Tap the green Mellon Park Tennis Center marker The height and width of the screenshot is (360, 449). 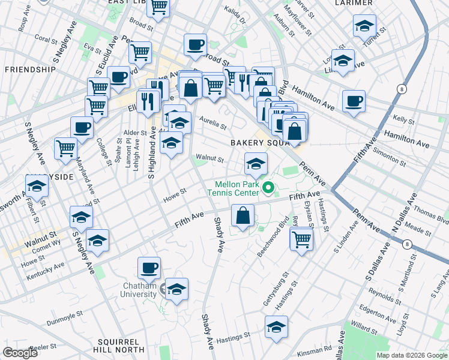tap(268, 189)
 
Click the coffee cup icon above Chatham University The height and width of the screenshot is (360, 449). tap(149, 267)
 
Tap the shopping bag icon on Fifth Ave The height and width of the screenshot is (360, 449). tap(242, 215)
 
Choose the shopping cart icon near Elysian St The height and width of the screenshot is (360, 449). tap(301, 239)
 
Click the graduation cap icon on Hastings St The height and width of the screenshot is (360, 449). tap(276, 326)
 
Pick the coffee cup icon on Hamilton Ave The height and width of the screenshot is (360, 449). tap(354, 100)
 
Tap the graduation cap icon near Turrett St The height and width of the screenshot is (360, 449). tap(364, 26)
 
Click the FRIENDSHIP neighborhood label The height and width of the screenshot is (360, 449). tap(30, 70)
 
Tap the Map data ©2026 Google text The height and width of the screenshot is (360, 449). tap(411, 355)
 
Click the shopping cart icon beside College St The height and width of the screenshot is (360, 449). tap(95, 107)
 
